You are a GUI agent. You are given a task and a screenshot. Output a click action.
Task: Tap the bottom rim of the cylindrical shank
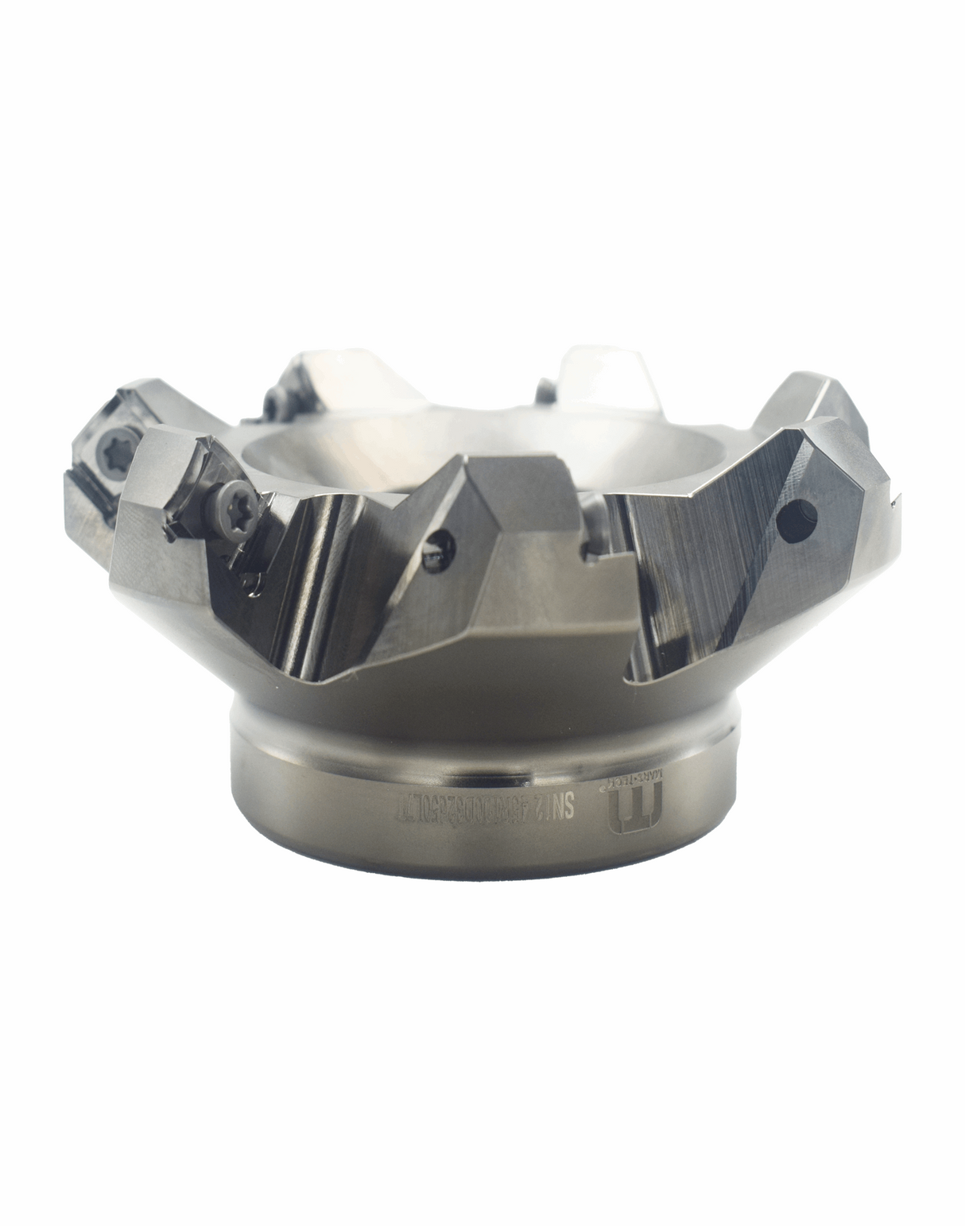pyautogui.click(x=485, y=872)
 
